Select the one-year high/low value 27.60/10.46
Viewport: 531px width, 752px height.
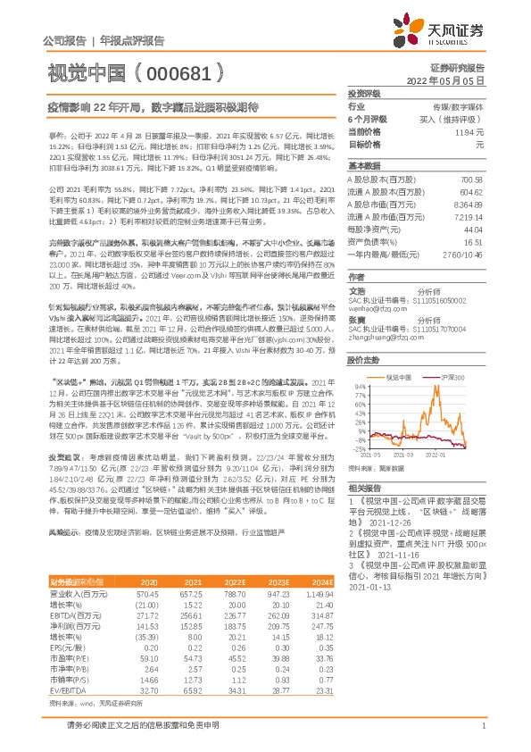[461, 254]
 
